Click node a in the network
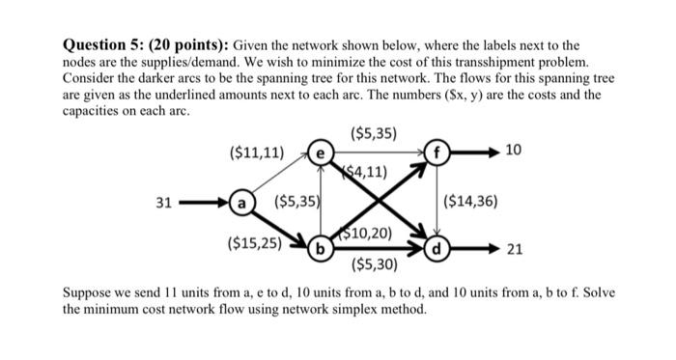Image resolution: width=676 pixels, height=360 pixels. click(x=241, y=204)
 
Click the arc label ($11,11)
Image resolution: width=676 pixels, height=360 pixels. click(x=256, y=152)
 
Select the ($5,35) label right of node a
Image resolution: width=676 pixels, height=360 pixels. click(x=297, y=203)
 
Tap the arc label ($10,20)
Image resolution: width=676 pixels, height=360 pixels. click(x=365, y=233)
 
